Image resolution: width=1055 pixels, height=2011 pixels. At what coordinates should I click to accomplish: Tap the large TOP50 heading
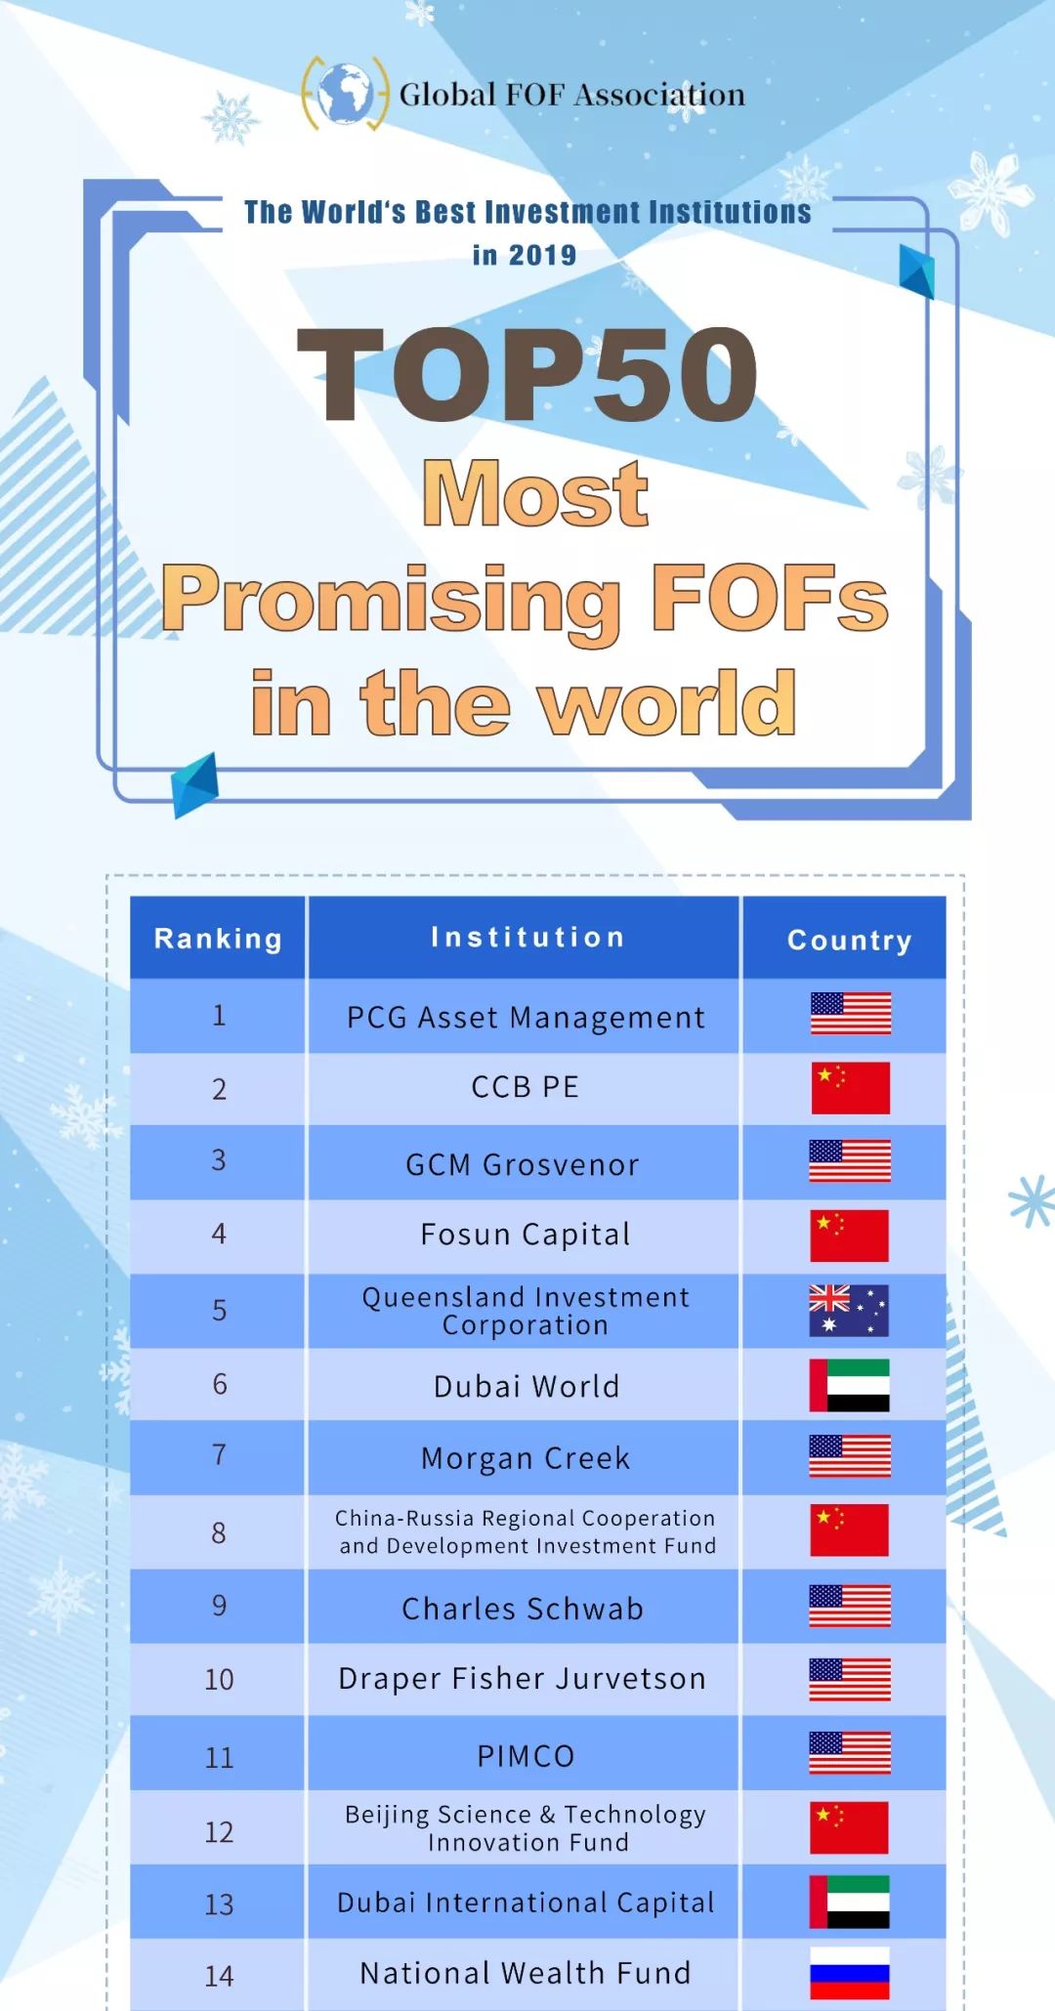[x=527, y=374]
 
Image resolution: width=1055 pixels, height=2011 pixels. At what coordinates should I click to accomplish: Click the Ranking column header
[x=218, y=939]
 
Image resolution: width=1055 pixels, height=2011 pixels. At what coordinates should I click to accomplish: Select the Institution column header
[x=527, y=937]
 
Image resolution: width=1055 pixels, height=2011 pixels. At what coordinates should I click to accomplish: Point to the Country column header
[x=849, y=940]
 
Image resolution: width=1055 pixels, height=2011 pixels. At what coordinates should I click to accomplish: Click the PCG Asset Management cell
[x=526, y=1017]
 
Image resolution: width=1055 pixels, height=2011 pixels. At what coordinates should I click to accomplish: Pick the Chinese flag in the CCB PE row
[x=850, y=1088]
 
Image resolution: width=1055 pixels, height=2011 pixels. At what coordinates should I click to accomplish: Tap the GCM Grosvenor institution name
[x=523, y=1164]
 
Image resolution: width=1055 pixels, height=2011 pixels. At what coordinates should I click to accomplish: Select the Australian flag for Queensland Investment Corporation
[x=849, y=1311]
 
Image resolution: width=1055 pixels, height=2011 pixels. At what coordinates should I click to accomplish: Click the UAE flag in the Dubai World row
[x=849, y=1385]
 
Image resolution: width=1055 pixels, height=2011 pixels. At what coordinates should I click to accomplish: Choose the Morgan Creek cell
[x=526, y=1457]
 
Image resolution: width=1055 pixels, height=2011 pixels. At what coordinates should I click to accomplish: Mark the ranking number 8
[x=219, y=1532]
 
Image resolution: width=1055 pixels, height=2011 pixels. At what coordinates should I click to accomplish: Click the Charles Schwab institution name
[x=523, y=1608]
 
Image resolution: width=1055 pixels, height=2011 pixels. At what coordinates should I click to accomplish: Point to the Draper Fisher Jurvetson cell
[x=523, y=1678]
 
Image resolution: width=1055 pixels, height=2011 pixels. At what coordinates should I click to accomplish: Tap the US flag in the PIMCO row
[x=850, y=1753]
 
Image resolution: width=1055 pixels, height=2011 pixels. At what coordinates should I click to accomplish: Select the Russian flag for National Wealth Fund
[x=850, y=1974]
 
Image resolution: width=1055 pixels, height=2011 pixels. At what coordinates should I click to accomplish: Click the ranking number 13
[x=219, y=1904]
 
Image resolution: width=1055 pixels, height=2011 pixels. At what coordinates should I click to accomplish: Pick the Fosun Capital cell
[x=526, y=1235]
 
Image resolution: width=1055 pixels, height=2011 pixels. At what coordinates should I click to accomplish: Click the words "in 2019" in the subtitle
[x=525, y=255]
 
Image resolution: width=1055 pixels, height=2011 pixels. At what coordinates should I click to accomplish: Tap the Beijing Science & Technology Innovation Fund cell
[x=526, y=1827]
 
